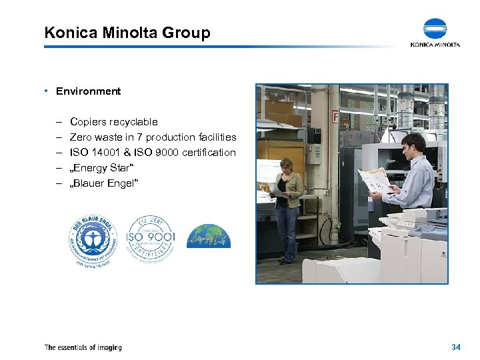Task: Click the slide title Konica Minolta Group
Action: [x=127, y=32]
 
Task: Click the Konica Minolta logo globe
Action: [x=435, y=29]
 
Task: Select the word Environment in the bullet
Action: [x=88, y=91]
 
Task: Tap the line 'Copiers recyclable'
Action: [x=113, y=122]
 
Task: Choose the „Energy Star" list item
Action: [x=99, y=168]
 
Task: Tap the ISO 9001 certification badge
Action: [x=151, y=239]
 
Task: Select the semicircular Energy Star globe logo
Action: [x=208, y=237]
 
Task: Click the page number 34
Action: [x=456, y=347]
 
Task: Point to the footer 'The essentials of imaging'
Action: [x=83, y=347]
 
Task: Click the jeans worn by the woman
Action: [x=287, y=230]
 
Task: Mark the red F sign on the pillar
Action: [x=335, y=117]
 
